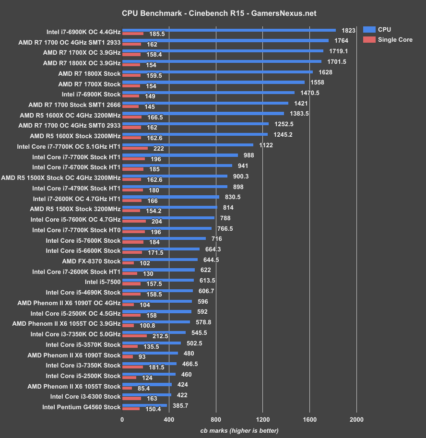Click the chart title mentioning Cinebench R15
213,13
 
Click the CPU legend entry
384,29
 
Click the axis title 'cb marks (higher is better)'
239,430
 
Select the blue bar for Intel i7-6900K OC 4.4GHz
229,30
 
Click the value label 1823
348,30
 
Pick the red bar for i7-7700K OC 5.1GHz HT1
135,148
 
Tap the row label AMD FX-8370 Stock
91,261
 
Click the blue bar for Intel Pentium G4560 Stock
144,405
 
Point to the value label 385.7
181,405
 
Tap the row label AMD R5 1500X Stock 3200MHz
75,209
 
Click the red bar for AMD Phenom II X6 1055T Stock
127,388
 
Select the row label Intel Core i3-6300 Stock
85,396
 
